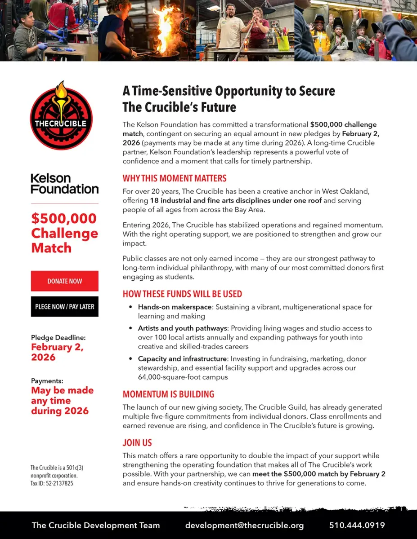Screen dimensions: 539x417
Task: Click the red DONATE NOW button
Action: [65, 281]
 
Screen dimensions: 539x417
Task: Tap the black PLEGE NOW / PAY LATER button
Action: [65, 307]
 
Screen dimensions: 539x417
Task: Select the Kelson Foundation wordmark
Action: [64, 183]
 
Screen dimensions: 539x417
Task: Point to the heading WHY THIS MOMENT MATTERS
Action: [175, 178]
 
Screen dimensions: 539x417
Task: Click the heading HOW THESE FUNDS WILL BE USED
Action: [182, 294]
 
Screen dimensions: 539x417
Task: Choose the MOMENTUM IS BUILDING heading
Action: [168, 394]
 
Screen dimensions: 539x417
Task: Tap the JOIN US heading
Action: [137, 443]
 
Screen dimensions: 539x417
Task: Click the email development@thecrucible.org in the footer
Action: [244, 525]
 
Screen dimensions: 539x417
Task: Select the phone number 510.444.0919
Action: [357, 525]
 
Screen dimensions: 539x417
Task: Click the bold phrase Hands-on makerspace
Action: [174, 307]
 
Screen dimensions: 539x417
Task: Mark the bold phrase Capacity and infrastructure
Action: [182, 359]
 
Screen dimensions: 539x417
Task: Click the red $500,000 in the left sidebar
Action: [64, 219]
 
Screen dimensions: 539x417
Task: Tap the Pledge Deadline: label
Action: [58, 337]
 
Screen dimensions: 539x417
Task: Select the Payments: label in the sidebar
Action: [47, 381]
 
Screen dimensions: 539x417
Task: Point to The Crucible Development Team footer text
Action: [96, 525]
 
